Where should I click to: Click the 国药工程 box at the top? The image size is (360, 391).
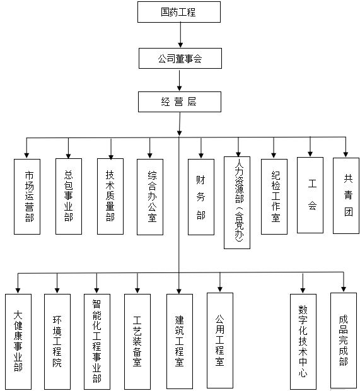click(x=179, y=12)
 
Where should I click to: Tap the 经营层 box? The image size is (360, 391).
click(x=180, y=102)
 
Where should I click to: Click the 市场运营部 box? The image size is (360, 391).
click(x=27, y=197)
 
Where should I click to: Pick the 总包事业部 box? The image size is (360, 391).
click(x=68, y=196)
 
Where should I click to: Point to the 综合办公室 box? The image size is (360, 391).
click(x=150, y=197)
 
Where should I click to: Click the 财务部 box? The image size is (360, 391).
click(x=200, y=197)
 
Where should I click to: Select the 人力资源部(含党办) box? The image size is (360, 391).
click(x=237, y=202)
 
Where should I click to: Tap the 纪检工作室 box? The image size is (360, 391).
click(x=274, y=197)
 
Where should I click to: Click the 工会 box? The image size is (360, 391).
click(x=310, y=195)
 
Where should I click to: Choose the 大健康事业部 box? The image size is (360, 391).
click(x=18, y=341)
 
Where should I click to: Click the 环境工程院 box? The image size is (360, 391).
click(x=57, y=341)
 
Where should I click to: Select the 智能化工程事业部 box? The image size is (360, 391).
click(x=97, y=341)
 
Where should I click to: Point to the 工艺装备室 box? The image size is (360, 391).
click(x=137, y=341)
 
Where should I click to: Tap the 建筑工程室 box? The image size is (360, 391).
click(x=179, y=341)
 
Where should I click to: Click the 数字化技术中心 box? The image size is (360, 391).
click(x=303, y=341)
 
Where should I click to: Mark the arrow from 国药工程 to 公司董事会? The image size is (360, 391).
click(x=180, y=35)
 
